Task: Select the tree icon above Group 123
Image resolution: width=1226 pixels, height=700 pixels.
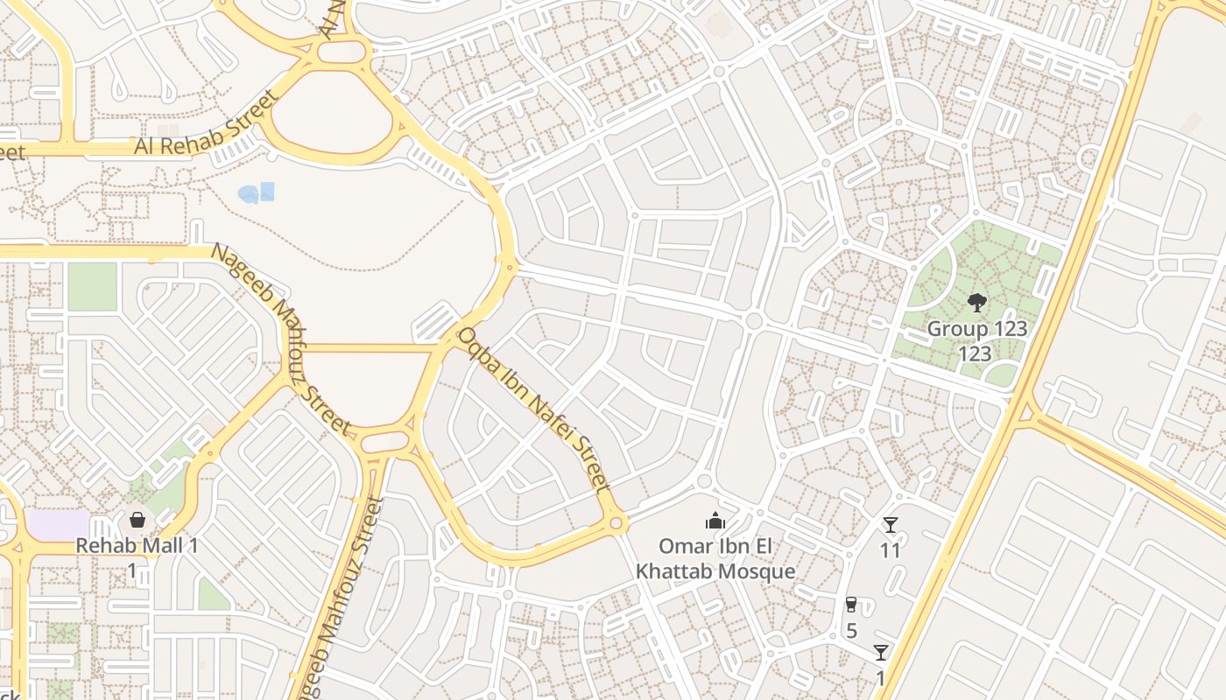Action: click(976, 303)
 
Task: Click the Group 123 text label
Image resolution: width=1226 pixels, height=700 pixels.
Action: click(976, 330)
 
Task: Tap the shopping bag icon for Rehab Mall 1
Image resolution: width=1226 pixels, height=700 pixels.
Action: click(137, 521)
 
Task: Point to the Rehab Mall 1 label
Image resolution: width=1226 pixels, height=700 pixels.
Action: click(137, 546)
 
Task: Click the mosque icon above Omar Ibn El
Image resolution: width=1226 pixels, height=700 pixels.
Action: click(715, 521)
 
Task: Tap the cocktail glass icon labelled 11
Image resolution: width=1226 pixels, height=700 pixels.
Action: click(891, 525)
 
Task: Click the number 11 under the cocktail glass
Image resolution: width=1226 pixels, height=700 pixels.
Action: click(891, 551)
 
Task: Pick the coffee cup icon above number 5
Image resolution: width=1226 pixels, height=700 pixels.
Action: click(850, 605)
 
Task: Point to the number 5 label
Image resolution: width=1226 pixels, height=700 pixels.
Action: click(851, 631)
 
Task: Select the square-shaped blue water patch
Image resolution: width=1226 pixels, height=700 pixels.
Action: click(267, 191)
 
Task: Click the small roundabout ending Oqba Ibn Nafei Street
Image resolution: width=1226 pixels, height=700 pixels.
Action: click(617, 524)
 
